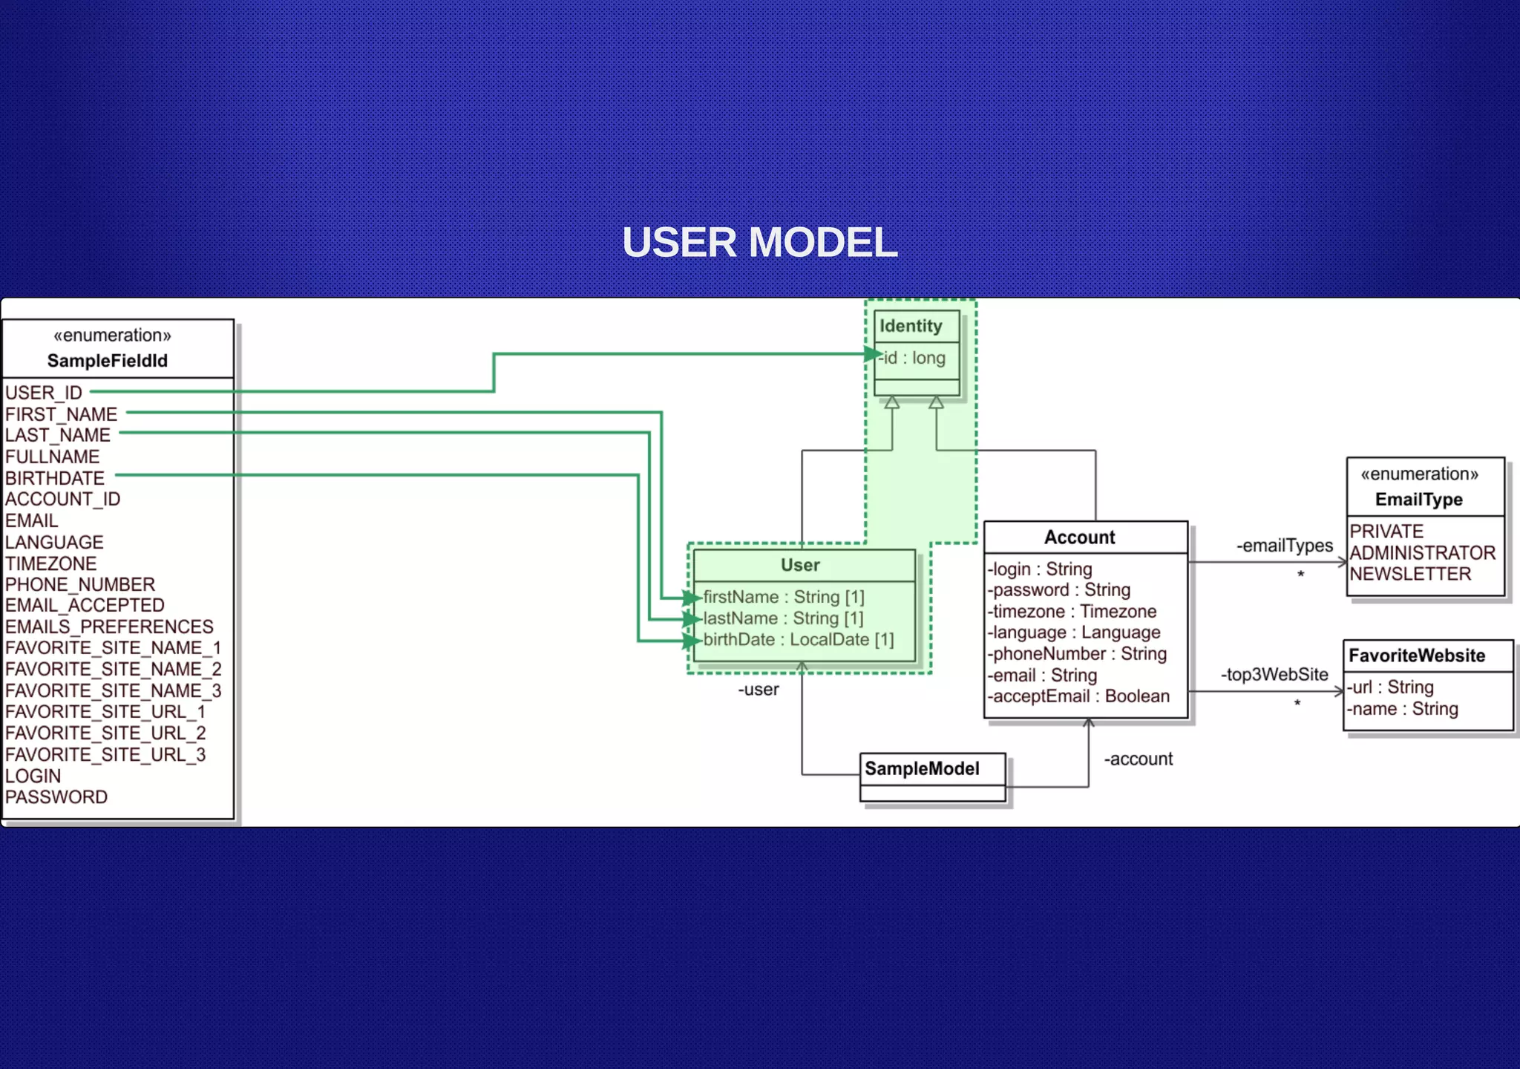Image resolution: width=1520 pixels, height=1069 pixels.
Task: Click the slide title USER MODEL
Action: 759,243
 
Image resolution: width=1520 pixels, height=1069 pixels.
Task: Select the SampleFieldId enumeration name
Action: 108,361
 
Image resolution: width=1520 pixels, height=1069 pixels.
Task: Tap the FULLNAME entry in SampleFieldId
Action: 52,457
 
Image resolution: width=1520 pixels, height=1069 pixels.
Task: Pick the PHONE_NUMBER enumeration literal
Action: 80,584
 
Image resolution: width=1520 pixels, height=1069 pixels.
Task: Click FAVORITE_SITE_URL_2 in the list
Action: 105,733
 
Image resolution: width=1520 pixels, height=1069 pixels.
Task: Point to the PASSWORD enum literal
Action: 56,797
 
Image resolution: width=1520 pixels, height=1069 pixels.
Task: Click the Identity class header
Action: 911,326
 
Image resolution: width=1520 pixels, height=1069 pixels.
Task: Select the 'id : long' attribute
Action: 914,358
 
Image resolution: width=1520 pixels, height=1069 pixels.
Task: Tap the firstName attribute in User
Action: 784,597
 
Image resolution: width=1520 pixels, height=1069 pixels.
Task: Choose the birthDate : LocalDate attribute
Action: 798,639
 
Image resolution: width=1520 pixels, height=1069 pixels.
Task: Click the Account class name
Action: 1079,537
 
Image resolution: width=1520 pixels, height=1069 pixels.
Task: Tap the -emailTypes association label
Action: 1284,546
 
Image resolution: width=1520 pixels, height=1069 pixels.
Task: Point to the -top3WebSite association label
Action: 1274,674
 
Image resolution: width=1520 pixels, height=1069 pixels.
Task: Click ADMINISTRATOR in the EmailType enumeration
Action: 1422,552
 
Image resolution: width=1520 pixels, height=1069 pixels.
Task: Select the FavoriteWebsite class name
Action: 1417,656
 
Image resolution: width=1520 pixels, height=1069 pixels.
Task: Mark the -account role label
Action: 1138,759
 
